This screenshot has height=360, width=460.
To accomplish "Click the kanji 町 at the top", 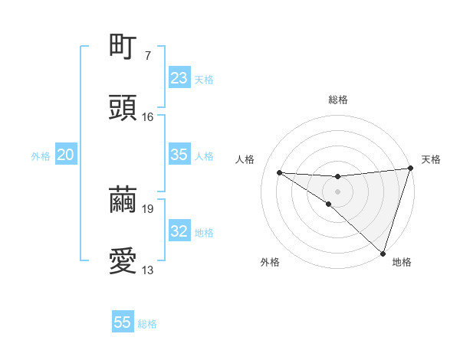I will click(x=123, y=46).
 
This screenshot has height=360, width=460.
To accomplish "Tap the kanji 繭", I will click(x=123, y=198).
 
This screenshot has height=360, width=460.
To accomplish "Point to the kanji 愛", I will click(x=123, y=261).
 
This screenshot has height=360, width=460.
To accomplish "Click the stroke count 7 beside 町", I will click(x=147, y=56).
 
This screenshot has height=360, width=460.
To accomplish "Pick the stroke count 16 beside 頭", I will click(x=147, y=117).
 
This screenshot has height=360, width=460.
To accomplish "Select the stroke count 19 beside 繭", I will click(x=148, y=208).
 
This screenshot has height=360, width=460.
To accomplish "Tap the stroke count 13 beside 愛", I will click(x=148, y=270).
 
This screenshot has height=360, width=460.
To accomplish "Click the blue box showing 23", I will click(x=179, y=78).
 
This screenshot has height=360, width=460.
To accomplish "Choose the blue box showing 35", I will click(x=179, y=155).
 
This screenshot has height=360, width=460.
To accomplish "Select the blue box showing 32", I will click(x=179, y=231).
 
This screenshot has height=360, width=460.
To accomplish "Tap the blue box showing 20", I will click(x=65, y=155).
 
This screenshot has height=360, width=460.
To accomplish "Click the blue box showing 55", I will click(x=123, y=322).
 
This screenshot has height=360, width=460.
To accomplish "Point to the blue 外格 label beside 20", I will click(x=41, y=156).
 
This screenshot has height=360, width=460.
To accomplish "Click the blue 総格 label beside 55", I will click(x=147, y=324).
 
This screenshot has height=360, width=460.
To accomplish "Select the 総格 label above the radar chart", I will click(x=337, y=100).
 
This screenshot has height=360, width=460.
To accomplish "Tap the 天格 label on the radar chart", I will click(x=431, y=159).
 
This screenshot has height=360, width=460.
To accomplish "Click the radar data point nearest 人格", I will click(x=280, y=172).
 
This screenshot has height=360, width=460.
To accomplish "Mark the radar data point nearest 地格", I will click(x=383, y=253).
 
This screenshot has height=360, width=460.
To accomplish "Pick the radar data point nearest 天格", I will click(x=411, y=169).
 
